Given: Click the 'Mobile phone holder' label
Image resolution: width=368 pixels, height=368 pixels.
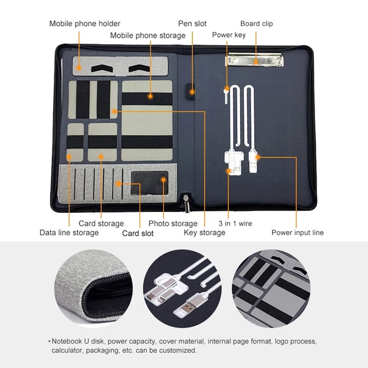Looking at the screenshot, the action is point(85,24).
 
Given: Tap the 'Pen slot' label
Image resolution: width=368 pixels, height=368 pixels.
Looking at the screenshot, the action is point(192,24).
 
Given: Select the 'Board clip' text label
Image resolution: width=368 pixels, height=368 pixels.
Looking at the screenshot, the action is point(257,24).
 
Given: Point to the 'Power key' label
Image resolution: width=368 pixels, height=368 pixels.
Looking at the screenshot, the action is point(229,35).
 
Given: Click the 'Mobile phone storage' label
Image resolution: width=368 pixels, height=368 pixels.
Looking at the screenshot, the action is point(148,35).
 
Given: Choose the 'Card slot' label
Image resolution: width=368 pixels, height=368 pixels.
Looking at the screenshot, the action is point(138,233).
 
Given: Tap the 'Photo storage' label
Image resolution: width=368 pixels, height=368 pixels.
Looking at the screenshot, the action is point(173,223).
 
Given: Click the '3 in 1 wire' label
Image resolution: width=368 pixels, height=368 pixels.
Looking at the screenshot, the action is point(235,223).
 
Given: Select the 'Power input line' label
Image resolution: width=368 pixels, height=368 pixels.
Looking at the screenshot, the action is point(298,233).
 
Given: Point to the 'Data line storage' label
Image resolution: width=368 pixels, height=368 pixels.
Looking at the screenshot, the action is point(69,233).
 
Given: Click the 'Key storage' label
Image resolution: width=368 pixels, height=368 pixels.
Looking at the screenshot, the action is point(205,233).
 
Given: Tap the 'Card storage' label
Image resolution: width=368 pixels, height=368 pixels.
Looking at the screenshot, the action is point(101,223).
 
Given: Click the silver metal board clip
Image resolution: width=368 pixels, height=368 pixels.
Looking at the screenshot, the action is point(254,60).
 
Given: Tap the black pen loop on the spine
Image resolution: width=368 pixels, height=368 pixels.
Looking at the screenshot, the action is point(191,92).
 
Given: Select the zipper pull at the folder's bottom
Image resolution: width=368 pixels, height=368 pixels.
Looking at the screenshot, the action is point(187,203).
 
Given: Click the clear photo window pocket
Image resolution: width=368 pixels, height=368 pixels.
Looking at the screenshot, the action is point(150,183).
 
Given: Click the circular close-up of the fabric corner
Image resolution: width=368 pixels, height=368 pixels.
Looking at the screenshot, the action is point(93,289).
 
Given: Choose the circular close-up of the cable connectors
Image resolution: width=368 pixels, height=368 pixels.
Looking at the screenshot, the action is point(182,289).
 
